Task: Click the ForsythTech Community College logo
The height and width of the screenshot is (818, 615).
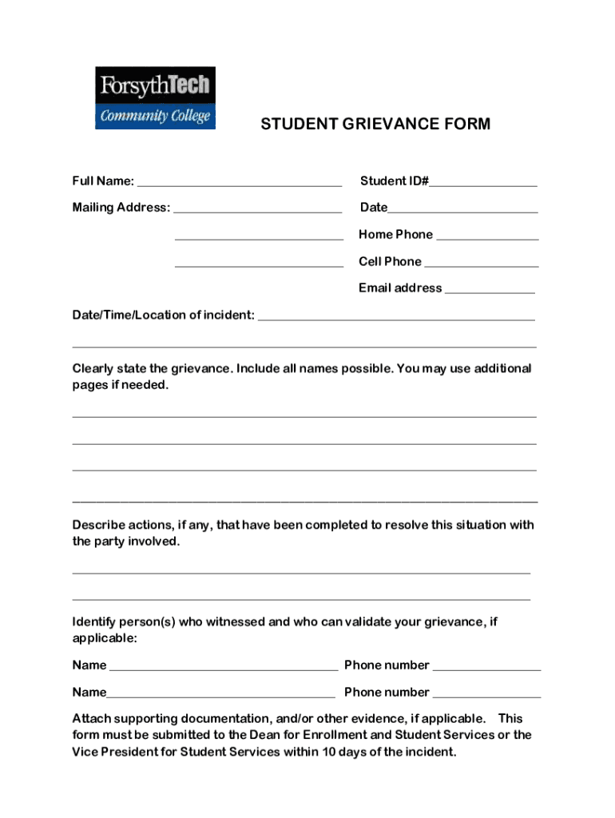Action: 156,97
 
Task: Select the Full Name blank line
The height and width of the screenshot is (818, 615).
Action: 240,184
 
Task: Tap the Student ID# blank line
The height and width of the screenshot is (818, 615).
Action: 483,185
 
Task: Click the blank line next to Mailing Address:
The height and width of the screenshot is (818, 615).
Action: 257,211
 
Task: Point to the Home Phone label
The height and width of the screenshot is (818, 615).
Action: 395,234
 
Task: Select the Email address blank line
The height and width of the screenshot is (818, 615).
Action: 490,292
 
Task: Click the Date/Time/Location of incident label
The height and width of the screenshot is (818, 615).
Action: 164,315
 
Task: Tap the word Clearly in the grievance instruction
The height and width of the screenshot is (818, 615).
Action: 93,368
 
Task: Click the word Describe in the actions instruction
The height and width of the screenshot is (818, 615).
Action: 98,525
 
